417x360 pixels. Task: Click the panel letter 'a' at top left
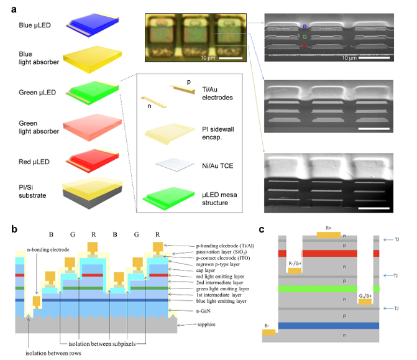pyautogui.click(x=12, y=9)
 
